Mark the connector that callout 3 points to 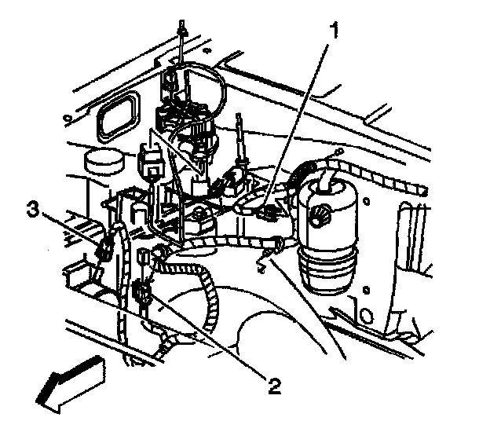(103, 251)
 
